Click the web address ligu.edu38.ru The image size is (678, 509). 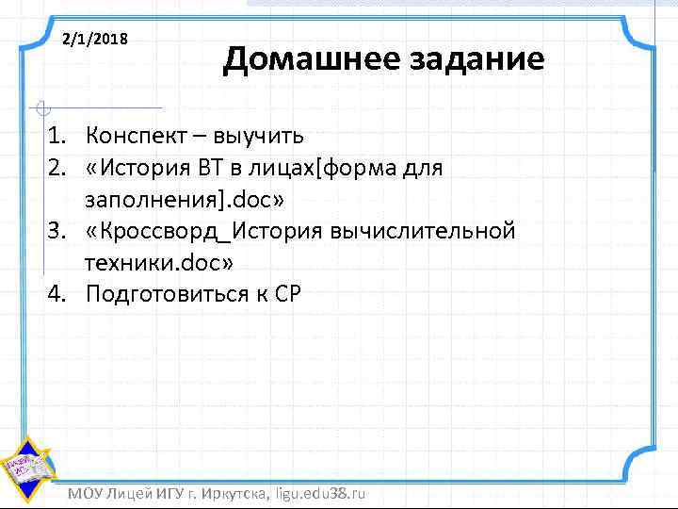(x=320, y=494)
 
